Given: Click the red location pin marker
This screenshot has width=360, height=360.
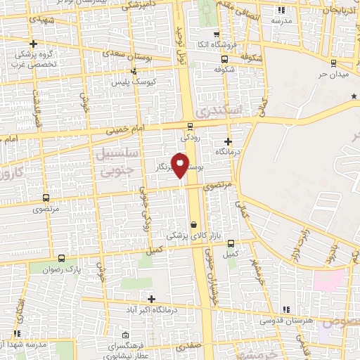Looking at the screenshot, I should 180,165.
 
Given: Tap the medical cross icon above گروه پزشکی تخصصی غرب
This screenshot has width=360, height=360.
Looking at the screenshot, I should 33,44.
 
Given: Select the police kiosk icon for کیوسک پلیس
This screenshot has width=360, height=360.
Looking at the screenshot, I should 134,70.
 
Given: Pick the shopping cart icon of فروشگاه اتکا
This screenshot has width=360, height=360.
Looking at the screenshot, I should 215,35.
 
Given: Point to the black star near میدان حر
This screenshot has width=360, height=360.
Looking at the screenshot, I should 354,105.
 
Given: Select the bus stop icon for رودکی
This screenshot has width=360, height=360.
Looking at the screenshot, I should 189,127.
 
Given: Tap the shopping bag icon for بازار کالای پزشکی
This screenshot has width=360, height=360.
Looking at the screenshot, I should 193,225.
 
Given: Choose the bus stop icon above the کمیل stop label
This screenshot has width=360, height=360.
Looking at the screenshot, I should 231,243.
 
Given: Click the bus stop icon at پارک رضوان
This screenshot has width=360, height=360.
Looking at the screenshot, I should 62,258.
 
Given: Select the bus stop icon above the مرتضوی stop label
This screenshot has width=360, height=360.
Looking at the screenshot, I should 46,198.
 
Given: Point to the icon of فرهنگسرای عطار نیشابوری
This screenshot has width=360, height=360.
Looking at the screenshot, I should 124,335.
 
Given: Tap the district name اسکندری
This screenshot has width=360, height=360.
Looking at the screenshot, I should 219,111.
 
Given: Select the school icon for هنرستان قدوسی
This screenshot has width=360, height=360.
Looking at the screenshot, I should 285,309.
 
